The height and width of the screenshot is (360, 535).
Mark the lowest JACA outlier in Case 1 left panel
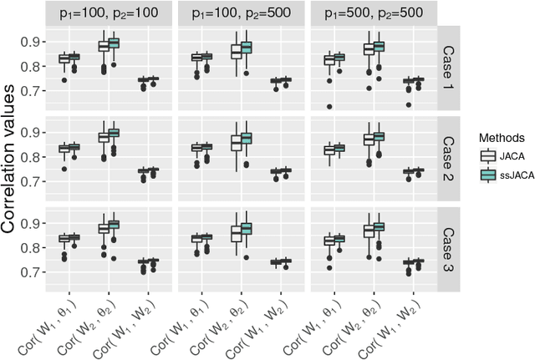coord(64,80)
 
